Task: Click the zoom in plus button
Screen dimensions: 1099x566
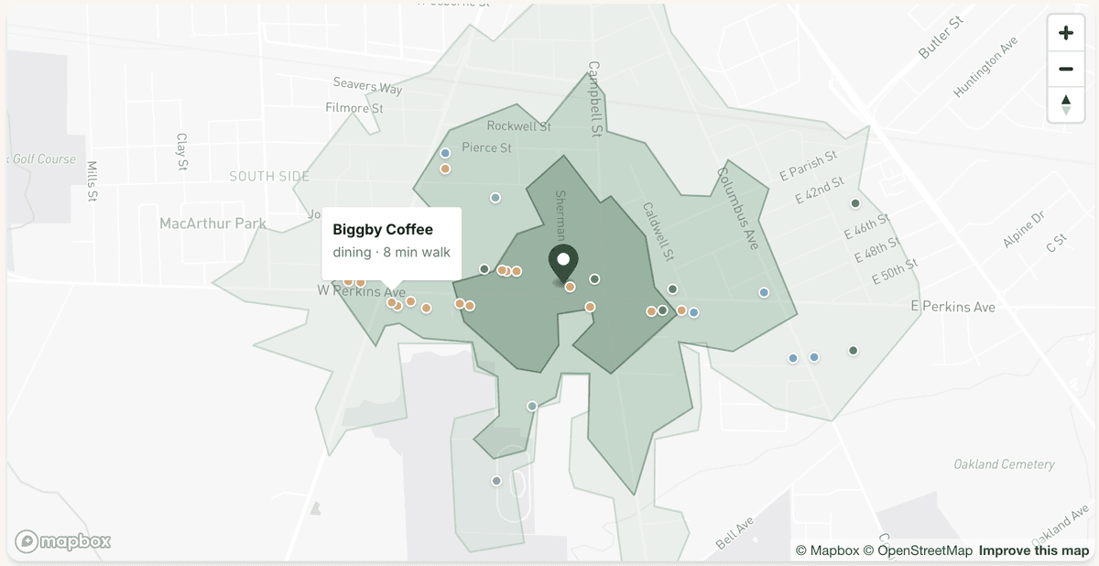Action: click(1065, 34)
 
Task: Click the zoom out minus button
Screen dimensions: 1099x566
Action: click(1065, 69)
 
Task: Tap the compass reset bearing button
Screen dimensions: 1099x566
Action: click(1065, 103)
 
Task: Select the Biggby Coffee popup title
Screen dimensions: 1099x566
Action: click(383, 229)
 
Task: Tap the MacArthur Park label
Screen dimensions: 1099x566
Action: click(212, 223)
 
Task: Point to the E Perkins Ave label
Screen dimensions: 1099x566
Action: click(954, 307)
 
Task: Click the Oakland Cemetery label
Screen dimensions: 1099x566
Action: click(1004, 464)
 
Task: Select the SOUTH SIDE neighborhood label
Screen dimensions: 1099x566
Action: click(269, 176)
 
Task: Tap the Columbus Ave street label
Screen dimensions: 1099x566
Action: click(738, 208)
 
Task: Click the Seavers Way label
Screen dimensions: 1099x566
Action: click(367, 86)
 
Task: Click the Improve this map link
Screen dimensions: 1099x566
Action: click(1034, 550)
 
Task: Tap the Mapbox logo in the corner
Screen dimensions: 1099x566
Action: click(63, 541)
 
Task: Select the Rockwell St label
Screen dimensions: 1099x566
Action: click(518, 126)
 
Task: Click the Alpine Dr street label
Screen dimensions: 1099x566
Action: click(1023, 229)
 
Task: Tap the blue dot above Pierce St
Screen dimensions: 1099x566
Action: click(445, 153)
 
